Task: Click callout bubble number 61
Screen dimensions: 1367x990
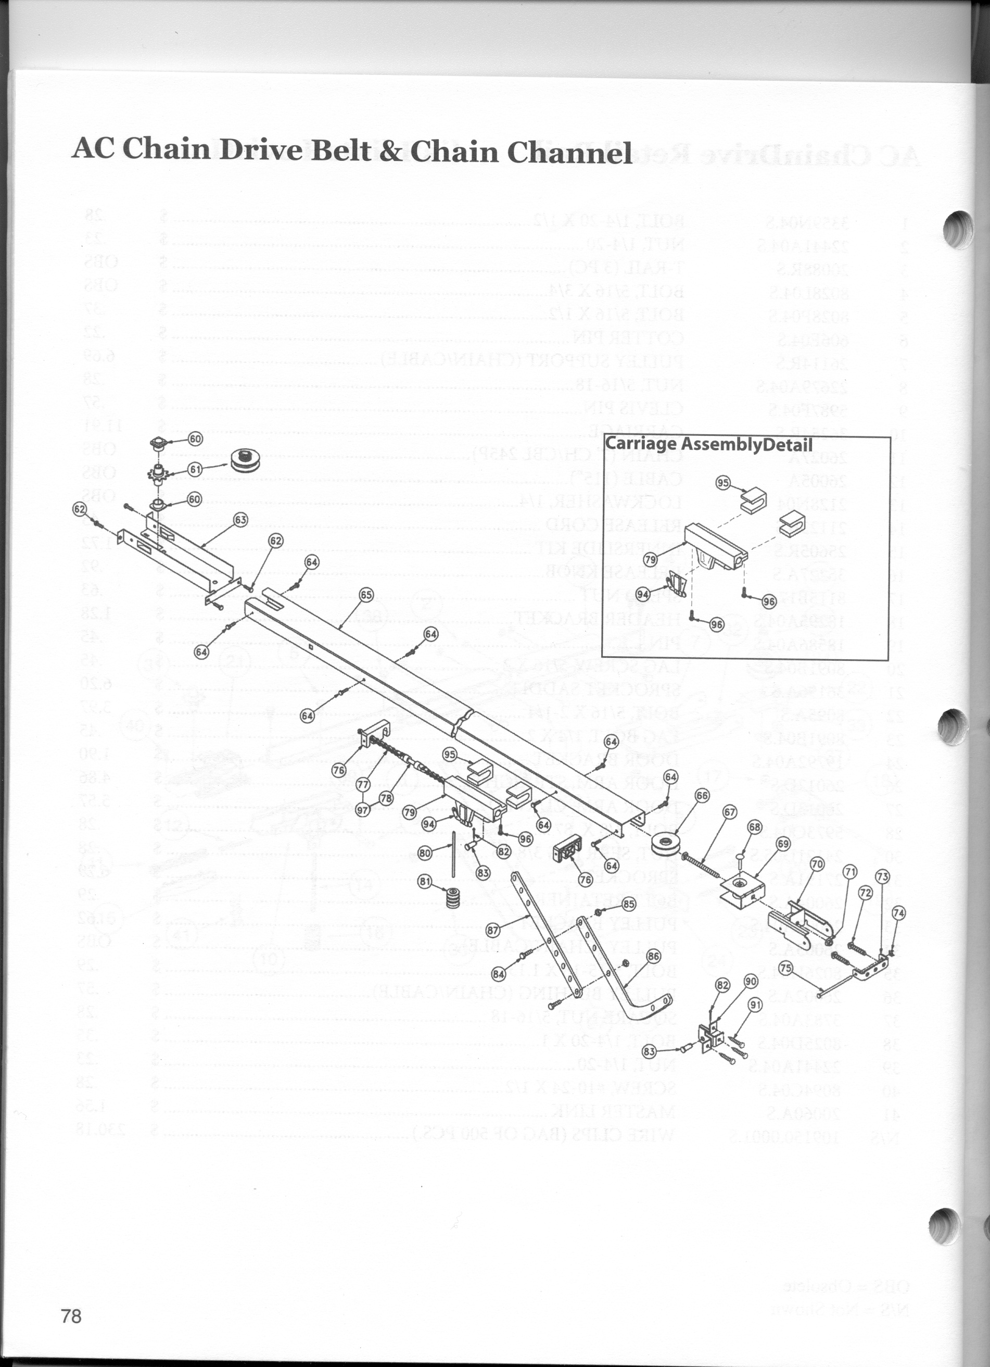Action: [x=195, y=469]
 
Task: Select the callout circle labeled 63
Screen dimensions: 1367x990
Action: [x=240, y=519]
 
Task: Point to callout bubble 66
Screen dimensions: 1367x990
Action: [x=703, y=796]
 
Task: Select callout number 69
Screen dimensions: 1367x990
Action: [x=783, y=843]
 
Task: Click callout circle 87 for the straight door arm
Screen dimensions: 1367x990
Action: [x=493, y=930]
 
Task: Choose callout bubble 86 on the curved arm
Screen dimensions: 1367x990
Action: [x=653, y=956]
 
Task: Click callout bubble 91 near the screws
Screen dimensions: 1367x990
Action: [x=755, y=1005]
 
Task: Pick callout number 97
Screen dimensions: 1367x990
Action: [x=363, y=811]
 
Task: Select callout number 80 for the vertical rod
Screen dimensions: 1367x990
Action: [x=425, y=853]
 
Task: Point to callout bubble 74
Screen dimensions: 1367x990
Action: [x=898, y=913]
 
